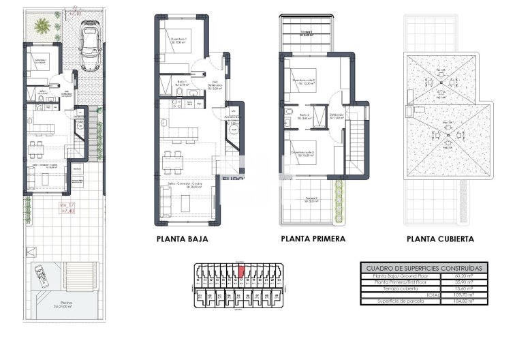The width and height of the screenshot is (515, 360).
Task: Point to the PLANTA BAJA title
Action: (182, 239)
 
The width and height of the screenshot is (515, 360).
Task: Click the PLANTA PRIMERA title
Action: (313, 239)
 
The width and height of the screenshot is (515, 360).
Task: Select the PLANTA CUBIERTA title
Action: (440, 239)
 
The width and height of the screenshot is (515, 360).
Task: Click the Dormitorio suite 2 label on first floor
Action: (304, 82)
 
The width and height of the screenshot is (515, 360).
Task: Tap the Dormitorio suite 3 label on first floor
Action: (303, 153)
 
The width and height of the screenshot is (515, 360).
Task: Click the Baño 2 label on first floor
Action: (305, 116)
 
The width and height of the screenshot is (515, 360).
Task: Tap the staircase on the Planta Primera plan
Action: (358, 140)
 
